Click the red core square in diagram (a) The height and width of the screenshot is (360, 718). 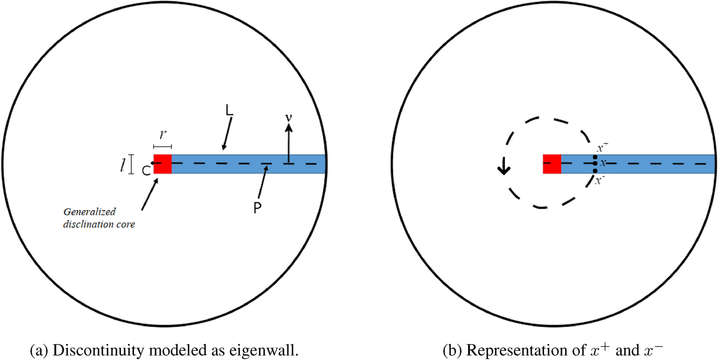pos(162,164)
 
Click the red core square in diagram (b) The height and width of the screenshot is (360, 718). pos(552,164)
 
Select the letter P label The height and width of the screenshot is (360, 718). pos(257,209)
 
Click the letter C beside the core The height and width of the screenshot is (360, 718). pos(145,171)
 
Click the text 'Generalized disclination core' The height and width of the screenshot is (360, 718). pos(100,218)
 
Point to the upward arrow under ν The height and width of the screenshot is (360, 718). pos(288,144)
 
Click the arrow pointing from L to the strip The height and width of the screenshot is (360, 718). pos(227,135)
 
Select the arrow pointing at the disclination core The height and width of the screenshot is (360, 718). pos(150,194)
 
